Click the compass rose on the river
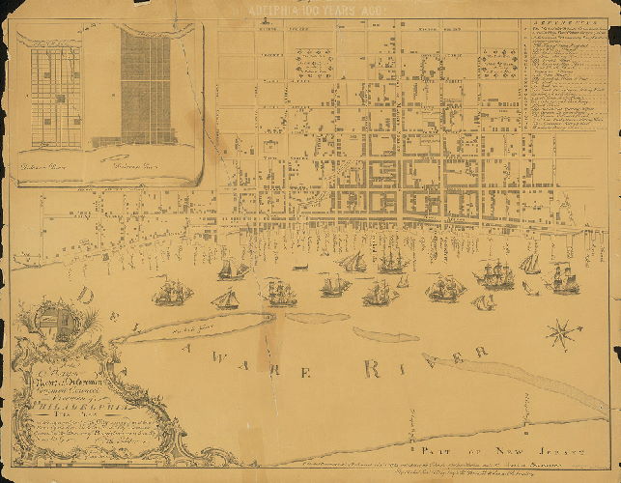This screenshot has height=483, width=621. coord(563,335)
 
